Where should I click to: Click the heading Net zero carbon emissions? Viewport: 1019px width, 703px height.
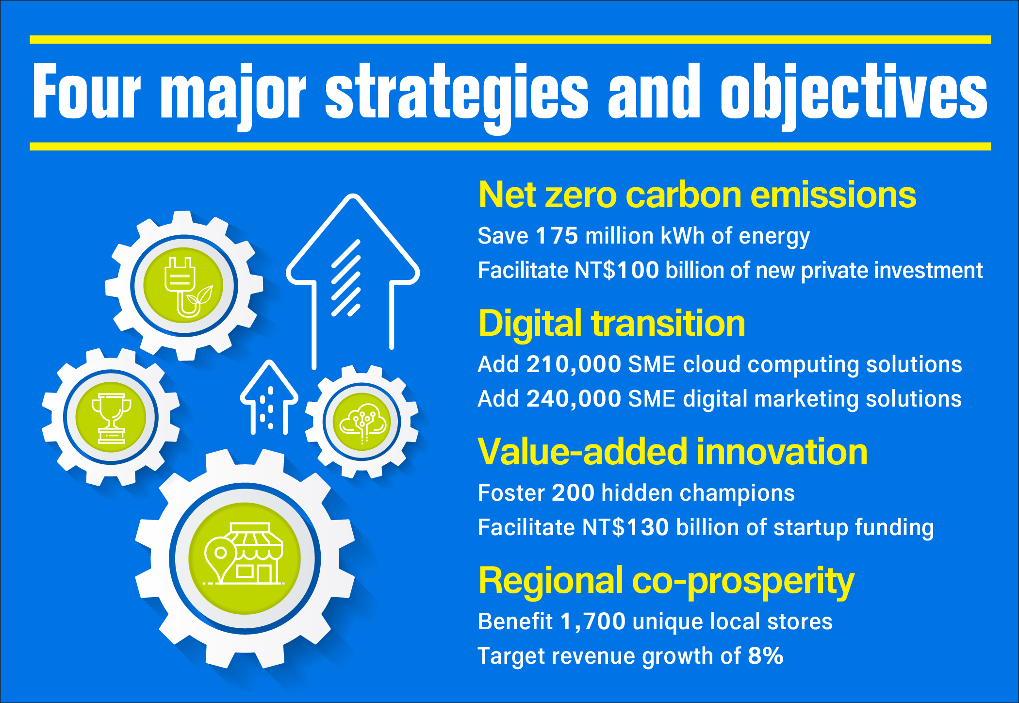point(697,195)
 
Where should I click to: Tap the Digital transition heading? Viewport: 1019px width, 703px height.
point(612,324)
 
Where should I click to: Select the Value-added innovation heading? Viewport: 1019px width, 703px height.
point(673,452)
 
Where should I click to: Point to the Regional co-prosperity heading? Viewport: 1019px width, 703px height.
point(666,581)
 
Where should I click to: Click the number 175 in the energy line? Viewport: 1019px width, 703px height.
point(557,236)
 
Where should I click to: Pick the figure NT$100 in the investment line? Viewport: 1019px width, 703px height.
point(617,270)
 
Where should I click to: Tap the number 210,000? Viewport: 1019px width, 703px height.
point(574,364)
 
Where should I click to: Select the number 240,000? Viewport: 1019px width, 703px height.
point(574,399)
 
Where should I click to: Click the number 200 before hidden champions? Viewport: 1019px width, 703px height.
point(573,493)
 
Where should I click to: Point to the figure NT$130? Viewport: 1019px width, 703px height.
point(625,527)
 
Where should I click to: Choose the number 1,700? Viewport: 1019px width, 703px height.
point(592,622)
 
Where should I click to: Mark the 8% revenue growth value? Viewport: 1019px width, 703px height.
point(766,656)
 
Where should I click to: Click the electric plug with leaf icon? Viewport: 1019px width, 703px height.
point(187,287)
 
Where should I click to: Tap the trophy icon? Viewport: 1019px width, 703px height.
point(112,418)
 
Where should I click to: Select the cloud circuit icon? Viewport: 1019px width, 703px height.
point(362,423)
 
